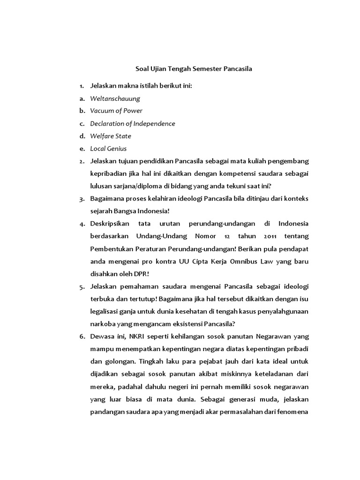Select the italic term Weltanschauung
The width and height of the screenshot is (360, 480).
click(x=115, y=98)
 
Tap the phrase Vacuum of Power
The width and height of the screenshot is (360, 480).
click(x=116, y=111)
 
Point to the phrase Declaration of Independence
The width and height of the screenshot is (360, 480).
click(x=133, y=124)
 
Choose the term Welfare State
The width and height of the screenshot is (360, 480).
click(x=111, y=136)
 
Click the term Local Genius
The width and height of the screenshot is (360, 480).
click(x=109, y=149)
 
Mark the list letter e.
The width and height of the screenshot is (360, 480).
click(x=82, y=149)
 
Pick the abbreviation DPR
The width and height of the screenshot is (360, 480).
click(x=142, y=273)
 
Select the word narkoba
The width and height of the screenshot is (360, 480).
click(x=103, y=324)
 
